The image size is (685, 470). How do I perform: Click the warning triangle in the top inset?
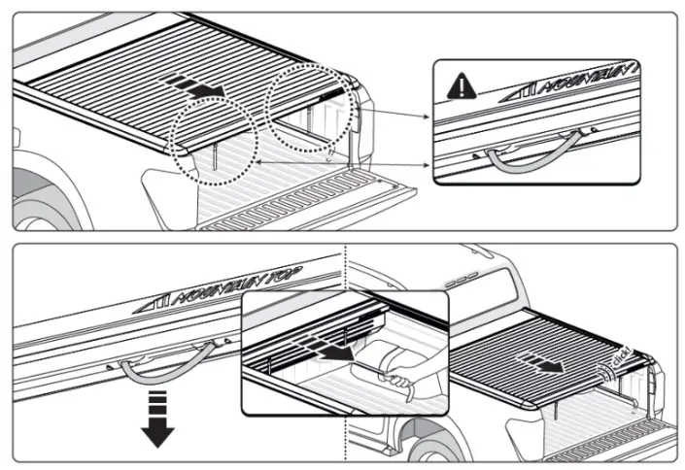(x=457, y=88)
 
